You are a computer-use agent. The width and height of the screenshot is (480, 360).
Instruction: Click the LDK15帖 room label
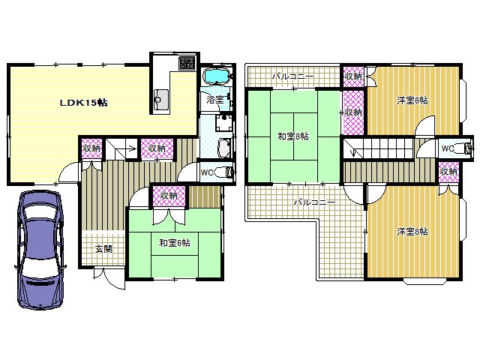(x=83, y=103)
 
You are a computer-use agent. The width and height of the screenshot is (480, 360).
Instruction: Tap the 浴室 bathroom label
(x=215, y=100)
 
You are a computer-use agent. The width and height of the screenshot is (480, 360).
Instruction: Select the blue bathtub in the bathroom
(x=217, y=76)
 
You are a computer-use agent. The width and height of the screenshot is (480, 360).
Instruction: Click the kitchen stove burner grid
(x=187, y=63)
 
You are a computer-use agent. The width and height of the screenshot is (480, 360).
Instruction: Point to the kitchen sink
(x=160, y=100)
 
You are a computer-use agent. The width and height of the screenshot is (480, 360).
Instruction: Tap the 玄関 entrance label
(x=103, y=249)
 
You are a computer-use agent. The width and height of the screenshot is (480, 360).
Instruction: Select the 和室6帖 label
(x=175, y=243)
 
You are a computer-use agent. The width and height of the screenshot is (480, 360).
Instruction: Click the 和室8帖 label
(x=293, y=136)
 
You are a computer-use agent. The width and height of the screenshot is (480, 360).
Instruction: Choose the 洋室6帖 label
(x=412, y=100)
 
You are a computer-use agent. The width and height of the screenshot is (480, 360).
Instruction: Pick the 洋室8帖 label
(x=412, y=232)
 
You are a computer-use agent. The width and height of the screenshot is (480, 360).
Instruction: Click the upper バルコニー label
(x=293, y=76)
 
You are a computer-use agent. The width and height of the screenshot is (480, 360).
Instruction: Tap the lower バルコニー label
(x=315, y=202)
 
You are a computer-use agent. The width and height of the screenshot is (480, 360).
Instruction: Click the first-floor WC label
(x=207, y=172)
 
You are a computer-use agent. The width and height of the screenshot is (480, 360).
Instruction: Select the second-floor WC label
(x=448, y=148)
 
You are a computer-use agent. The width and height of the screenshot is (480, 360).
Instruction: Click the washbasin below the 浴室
(x=225, y=148)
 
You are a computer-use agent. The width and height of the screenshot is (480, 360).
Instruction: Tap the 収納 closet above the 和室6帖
(x=169, y=195)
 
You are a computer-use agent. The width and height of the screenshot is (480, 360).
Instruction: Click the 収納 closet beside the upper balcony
(x=353, y=76)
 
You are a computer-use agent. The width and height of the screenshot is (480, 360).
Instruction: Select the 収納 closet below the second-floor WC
(x=448, y=172)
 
